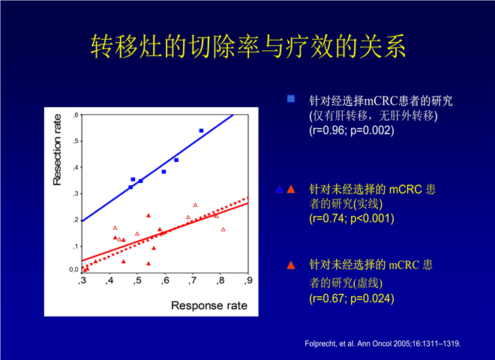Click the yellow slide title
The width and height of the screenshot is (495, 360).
(248, 46)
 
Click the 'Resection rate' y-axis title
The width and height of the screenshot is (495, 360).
(57, 150)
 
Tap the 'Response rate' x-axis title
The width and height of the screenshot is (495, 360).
(209, 305)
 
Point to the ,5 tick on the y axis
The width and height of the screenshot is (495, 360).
(76, 141)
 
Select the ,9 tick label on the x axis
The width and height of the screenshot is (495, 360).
(249, 280)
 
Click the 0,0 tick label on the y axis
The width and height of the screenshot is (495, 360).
(73, 269)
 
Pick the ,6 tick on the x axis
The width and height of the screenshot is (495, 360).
(165, 280)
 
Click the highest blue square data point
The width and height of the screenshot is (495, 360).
(202, 130)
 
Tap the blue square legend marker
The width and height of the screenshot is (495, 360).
(291, 99)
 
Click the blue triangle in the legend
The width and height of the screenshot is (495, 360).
(280, 190)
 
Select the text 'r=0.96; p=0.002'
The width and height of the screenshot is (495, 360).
(352, 130)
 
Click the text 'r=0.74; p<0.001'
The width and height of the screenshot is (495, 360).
(352, 218)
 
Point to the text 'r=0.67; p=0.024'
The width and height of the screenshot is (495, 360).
(352, 298)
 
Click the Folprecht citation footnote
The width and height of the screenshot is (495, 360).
(382, 343)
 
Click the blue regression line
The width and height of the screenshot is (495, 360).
(157, 168)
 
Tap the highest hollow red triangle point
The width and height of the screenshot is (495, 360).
(195, 205)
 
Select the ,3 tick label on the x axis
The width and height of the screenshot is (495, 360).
(82, 280)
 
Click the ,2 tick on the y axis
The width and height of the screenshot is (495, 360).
(76, 220)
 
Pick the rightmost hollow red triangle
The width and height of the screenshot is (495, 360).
(223, 229)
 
